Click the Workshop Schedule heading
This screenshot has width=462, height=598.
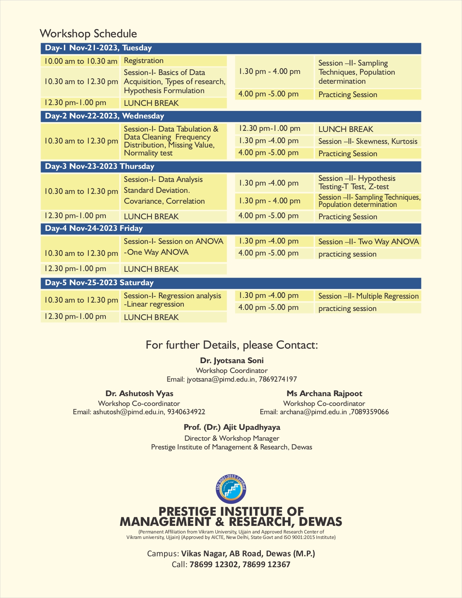[x=88, y=34]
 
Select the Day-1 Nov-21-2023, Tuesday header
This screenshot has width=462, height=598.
[x=98, y=48]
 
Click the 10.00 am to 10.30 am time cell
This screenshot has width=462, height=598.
[x=80, y=61]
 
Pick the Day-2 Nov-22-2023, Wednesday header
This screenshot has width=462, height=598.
[x=104, y=116]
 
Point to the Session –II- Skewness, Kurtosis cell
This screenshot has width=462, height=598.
[x=367, y=141]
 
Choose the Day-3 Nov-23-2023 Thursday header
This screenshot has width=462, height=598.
[x=100, y=167]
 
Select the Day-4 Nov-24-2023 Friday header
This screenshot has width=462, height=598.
[x=93, y=229]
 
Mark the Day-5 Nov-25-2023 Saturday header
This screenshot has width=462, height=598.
[x=99, y=283]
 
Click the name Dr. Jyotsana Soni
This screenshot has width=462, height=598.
[x=232, y=361]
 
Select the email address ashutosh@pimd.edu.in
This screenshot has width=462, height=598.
[x=128, y=412]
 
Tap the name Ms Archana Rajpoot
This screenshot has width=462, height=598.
[x=324, y=394]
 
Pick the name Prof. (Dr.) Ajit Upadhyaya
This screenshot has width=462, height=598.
[x=232, y=427]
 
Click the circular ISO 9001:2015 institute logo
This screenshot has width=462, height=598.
[x=231, y=488]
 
